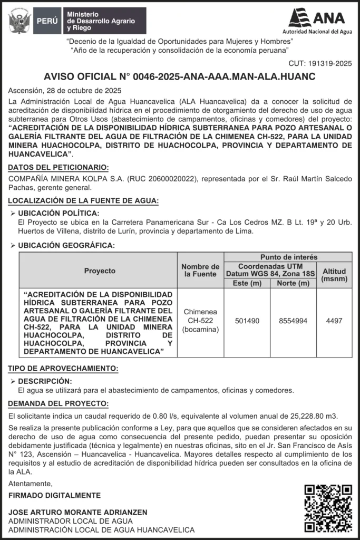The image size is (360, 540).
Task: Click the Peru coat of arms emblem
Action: (20, 21)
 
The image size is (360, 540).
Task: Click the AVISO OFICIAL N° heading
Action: (180, 77)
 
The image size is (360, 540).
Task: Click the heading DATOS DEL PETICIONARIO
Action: (59, 168)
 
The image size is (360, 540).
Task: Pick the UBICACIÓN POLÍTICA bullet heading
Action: (59, 213)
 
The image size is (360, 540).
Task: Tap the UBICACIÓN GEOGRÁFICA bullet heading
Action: (66, 245)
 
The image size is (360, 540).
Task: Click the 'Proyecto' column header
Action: (100, 271)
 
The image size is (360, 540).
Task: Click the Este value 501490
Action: (247, 321)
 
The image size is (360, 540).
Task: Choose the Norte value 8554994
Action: (293, 321)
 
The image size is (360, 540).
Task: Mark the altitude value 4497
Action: (334, 321)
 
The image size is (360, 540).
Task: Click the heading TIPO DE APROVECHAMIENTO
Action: (63, 369)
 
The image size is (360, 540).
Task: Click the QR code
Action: (328, 508)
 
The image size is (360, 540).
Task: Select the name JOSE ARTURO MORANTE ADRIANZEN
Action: (78, 513)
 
